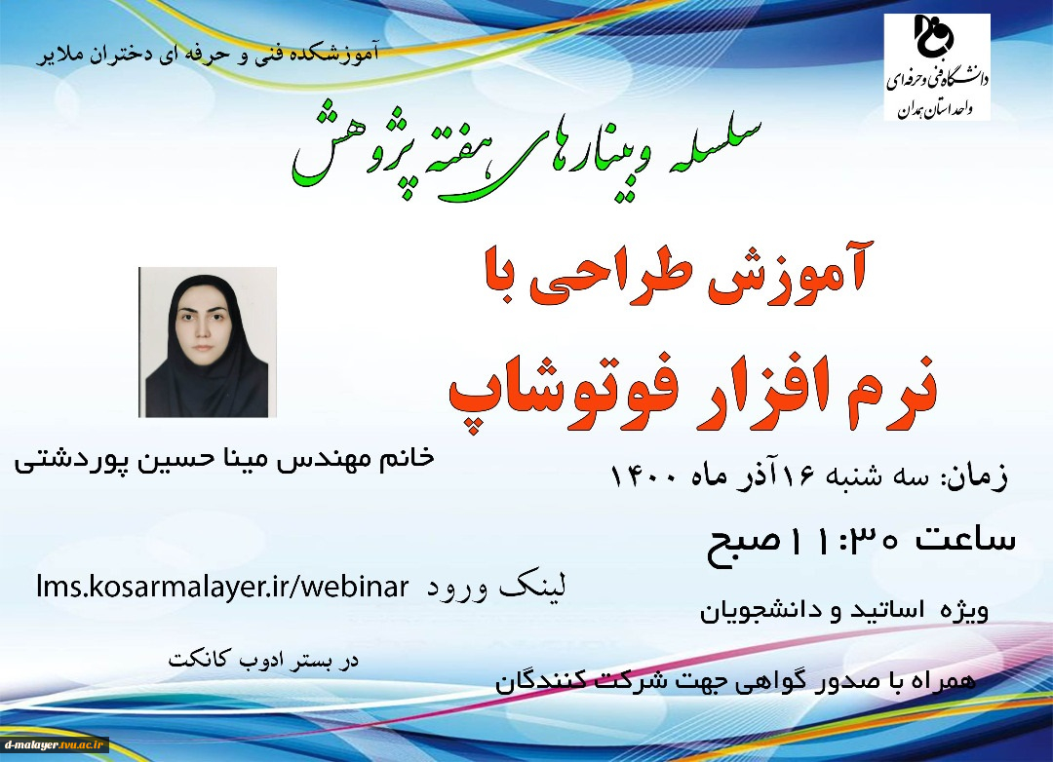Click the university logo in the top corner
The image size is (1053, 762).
(x=937, y=67)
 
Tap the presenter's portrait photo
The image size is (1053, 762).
(x=208, y=342)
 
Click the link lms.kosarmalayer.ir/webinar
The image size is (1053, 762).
(x=222, y=587)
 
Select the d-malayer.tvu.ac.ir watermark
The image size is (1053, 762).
(x=55, y=744)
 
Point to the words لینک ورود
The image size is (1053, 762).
(x=497, y=587)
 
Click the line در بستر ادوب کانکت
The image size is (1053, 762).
(x=263, y=659)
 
